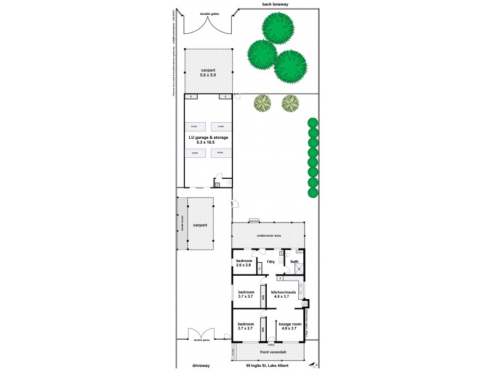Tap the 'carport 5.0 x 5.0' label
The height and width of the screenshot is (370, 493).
(208, 73)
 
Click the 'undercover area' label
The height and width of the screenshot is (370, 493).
(269, 236)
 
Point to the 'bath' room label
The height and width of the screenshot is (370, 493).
(295, 262)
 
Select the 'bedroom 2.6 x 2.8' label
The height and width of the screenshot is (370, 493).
(245, 263)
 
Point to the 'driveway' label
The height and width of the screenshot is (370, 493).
(201, 365)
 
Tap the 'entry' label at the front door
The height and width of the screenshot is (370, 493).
(271, 345)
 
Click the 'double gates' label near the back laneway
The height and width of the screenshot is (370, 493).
(210, 13)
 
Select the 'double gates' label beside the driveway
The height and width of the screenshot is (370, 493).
(201, 340)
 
